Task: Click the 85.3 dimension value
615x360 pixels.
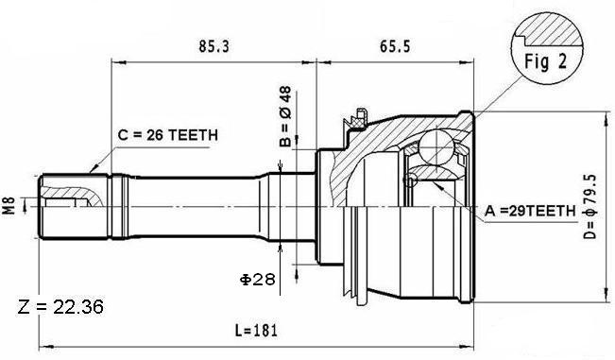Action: click(x=214, y=46)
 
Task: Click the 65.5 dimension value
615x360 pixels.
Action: click(x=395, y=46)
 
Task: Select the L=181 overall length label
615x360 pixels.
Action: click(x=256, y=330)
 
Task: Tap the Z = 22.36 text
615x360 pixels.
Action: click(x=60, y=306)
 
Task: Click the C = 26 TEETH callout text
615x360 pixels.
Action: click(x=168, y=135)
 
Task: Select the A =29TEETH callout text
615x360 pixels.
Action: click(x=530, y=211)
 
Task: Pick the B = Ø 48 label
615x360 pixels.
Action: click(x=285, y=116)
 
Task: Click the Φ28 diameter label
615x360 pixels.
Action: click(x=258, y=280)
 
